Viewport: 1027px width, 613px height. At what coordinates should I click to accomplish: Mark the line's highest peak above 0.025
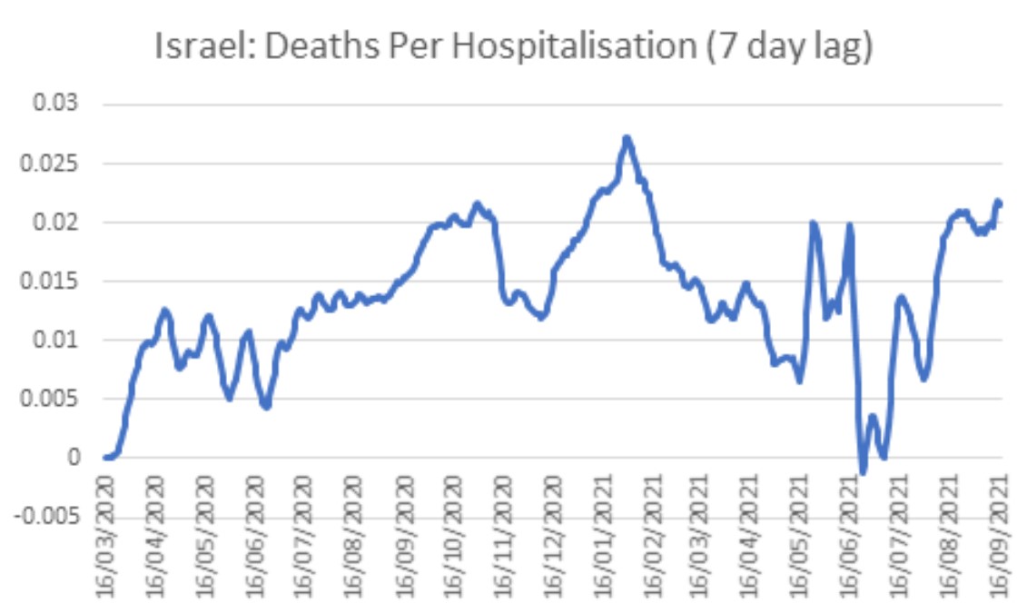(x=627, y=138)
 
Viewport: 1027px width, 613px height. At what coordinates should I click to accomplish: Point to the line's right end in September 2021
(x=1000, y=202)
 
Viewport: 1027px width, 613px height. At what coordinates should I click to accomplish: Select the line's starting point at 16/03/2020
(x=105, y=458)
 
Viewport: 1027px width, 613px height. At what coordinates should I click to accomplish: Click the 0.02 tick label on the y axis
(x=57, y=222)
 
